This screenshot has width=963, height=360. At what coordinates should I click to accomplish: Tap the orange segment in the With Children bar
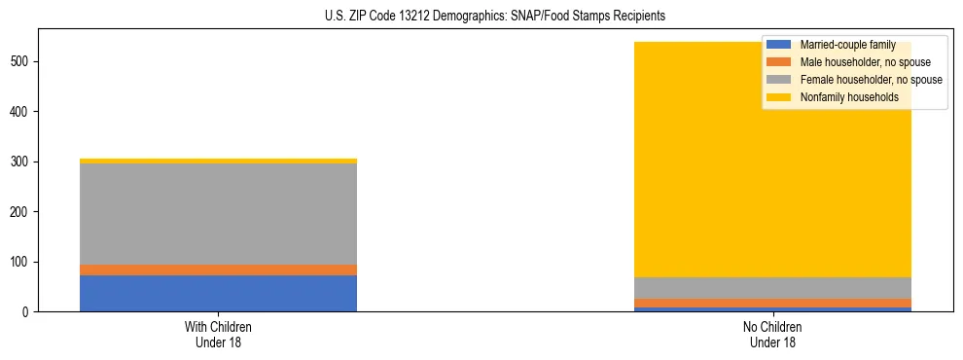(218, 270)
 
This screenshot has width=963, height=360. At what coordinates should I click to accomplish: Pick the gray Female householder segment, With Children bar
(218, 214)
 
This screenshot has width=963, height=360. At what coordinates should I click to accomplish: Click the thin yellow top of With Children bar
(218, 161)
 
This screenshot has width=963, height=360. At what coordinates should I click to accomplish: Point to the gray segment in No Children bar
(773, 288)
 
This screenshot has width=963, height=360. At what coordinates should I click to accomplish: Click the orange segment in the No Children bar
(773, 303)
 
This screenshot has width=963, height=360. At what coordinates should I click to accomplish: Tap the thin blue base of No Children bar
(773, 309)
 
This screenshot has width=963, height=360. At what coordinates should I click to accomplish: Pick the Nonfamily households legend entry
(841, 97)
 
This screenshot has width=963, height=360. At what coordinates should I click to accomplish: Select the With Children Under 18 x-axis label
(218, 334)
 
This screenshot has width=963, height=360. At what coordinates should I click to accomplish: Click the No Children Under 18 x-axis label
(773, 334)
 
